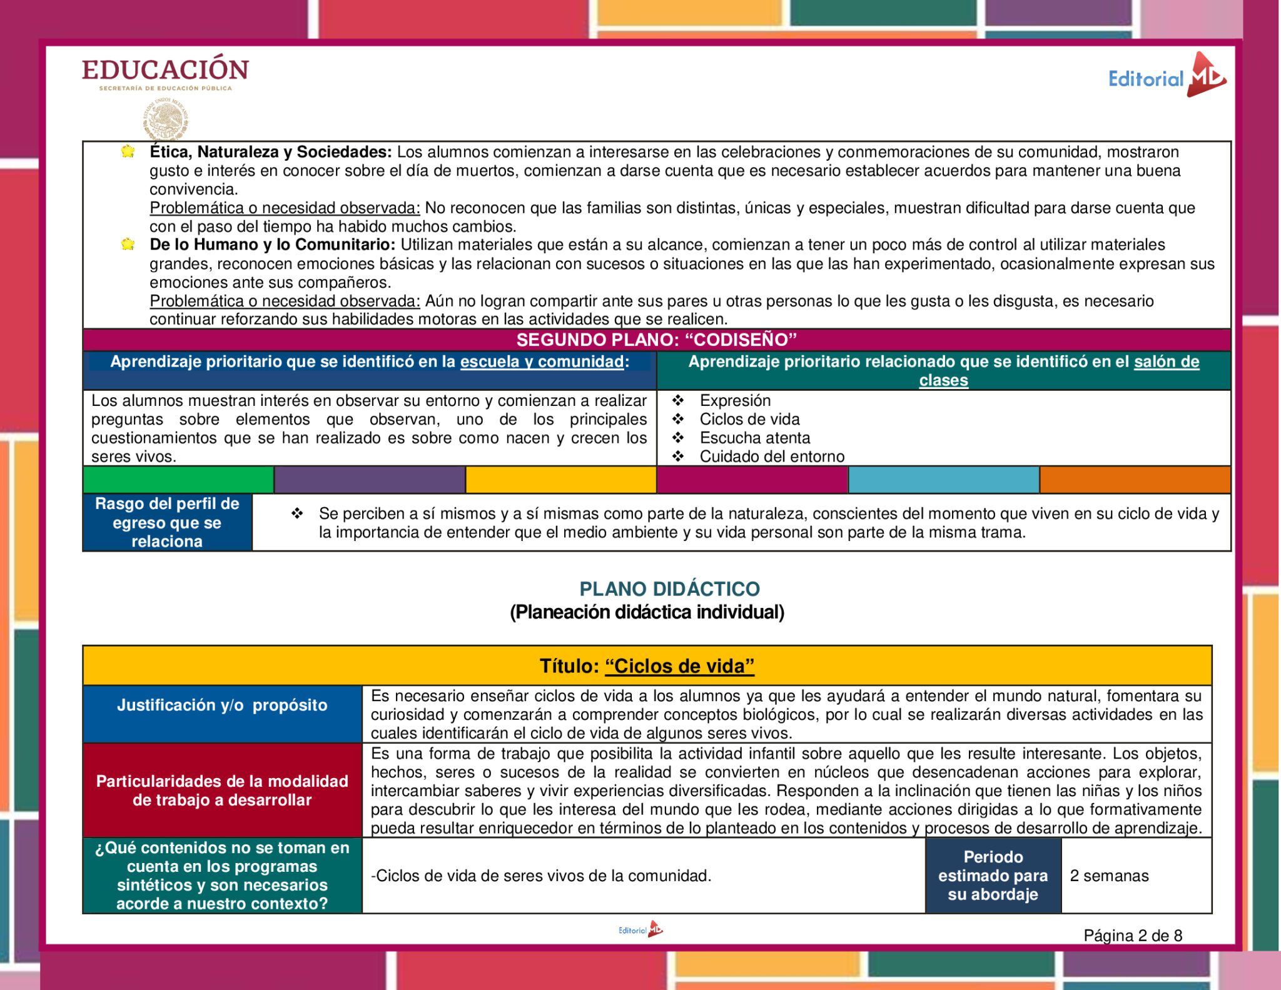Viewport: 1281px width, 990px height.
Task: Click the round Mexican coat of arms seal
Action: (x=166, y=119)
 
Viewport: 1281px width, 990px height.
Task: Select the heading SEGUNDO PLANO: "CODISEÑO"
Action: (x=656, y=340)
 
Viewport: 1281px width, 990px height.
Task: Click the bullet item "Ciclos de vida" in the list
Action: (x=749, y=419)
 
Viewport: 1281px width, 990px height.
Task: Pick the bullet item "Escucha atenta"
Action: (x=754, y=438)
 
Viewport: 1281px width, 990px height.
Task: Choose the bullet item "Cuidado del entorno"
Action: (x=772, y=457)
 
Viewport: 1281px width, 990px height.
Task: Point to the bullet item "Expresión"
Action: (x=735, y=400)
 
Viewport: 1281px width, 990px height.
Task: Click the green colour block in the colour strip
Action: (x=178, y=480)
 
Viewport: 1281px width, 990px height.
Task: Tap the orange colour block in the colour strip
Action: (x=1135, y=480)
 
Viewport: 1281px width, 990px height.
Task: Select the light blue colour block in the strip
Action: (x=943, y=480)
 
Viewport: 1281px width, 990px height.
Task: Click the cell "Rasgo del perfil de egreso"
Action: (x=167, y=522)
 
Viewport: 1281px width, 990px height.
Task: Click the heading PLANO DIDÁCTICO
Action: (x=669, y=588)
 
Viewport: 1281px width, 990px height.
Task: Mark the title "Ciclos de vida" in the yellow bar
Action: (x=679, y=666)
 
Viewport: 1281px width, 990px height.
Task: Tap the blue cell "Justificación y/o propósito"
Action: (x=222, y=705)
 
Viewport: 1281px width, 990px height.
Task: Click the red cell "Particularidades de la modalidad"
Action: (x=222, y=790)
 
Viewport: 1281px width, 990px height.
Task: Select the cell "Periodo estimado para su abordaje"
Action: (x=993, y=876)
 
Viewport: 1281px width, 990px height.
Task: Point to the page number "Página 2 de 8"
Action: (x=1133, y=936)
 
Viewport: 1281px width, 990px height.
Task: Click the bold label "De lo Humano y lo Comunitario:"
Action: (x=272, y=245)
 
